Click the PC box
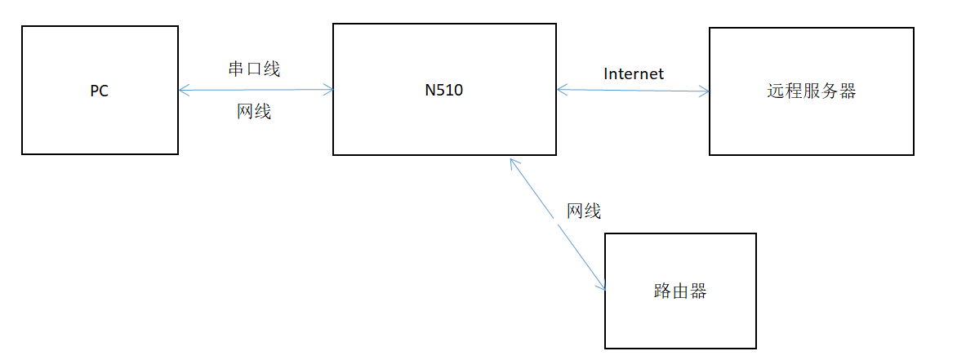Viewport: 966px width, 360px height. (x=99, y=90)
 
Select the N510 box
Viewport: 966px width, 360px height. (x=444, y=90)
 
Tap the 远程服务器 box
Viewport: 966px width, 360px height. (x=811, y=91)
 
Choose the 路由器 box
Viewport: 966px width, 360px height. (x=680, y=291)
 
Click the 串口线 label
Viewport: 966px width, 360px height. (x=254, y=69)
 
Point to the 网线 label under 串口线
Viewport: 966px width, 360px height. (x=254, y=112)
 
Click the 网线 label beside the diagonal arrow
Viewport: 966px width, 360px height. (x=584, y=211)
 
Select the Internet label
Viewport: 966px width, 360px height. (x=634, y=73)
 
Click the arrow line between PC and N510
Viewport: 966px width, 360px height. (x=256, y=90)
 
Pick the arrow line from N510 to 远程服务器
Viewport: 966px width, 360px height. (x=633, y=91)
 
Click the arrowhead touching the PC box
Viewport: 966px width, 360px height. (x=183, y=90)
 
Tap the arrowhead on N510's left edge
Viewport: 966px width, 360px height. (x=329, y=90)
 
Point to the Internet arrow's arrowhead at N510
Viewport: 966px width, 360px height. (x=562, y=90)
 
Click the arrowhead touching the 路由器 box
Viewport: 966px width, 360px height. (x=602, y=283)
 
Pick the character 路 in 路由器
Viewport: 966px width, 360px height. (x=663, y=291)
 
